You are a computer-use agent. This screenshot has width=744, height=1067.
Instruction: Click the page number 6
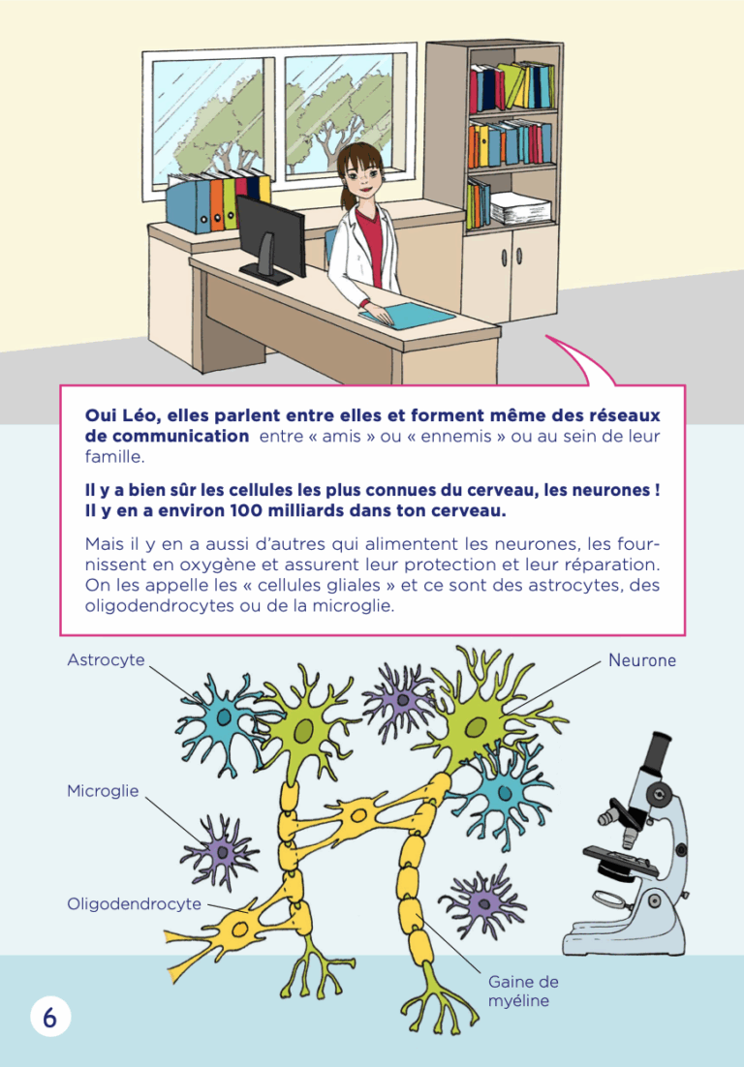coord(49,1018)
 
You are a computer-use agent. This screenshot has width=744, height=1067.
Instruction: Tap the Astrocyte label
coord(107,660)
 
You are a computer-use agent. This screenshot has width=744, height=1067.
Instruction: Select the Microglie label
coord(103,791)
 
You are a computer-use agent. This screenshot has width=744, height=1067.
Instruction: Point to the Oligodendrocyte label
coord(134,903)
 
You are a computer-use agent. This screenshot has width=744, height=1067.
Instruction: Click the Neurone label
coord(642,660)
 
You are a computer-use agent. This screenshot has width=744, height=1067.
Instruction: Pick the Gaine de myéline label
coord(523,991)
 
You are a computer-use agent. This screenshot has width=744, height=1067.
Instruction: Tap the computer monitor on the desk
coord(270,239)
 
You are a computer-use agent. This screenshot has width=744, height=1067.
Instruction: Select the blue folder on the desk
coord(407,315)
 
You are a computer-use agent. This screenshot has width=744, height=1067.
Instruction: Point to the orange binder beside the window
coord(216,201)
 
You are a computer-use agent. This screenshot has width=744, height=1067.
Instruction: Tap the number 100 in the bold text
coord(248,510)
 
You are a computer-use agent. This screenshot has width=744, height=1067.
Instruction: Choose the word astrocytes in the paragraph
coord(574,585)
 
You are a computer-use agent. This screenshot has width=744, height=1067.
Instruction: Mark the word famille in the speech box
coord(115,457)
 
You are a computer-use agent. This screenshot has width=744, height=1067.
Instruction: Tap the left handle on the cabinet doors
coord(505,258)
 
